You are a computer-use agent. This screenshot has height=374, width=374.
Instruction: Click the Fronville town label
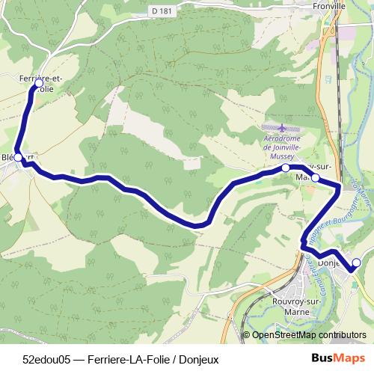coord(329,5)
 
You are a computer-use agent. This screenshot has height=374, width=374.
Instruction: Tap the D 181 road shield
coord(156,12)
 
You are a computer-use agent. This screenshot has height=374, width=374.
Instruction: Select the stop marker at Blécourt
coord(19,158)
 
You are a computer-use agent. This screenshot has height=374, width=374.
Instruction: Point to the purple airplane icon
coord(281,129)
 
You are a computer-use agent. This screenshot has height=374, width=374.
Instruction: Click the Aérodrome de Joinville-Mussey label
coord(282,143)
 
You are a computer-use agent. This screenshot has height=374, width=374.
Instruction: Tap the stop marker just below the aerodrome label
coord(285,169)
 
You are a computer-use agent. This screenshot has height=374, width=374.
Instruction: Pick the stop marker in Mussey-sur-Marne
coord(315,177)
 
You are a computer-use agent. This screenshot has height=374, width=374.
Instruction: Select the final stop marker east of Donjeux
coord(356,263)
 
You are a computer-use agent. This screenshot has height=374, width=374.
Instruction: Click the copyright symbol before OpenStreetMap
coord(248,335)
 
